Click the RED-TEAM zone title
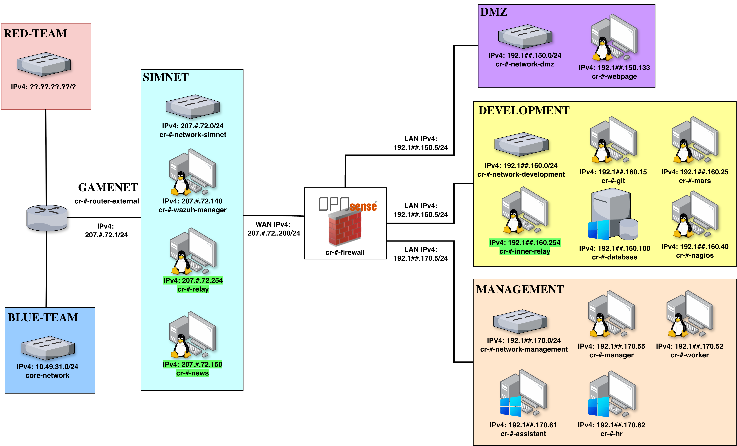pyautogui.click(x=35, y=34)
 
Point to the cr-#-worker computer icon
pyautogui.click(x=690, y=315)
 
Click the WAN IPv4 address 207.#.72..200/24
pyautogui.click(x=274, y=233)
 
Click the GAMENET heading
pyautogui.click(x=108, y=187)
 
